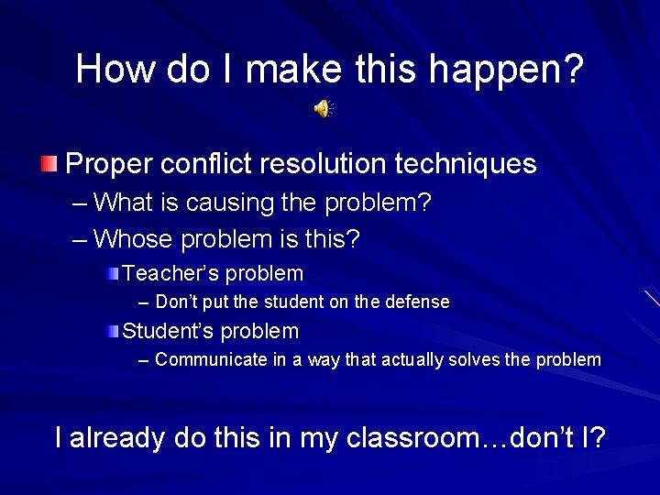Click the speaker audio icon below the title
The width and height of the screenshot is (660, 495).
[323, 109]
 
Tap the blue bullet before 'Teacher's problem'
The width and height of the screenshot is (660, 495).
[111, 273]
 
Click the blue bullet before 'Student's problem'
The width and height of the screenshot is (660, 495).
[111, 331]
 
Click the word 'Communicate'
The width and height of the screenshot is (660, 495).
[211, 359]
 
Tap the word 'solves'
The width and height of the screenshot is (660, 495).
[474, 359]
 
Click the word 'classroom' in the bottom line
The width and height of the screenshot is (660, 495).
[409, 438]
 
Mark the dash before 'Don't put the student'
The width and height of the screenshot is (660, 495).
[142, 302]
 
